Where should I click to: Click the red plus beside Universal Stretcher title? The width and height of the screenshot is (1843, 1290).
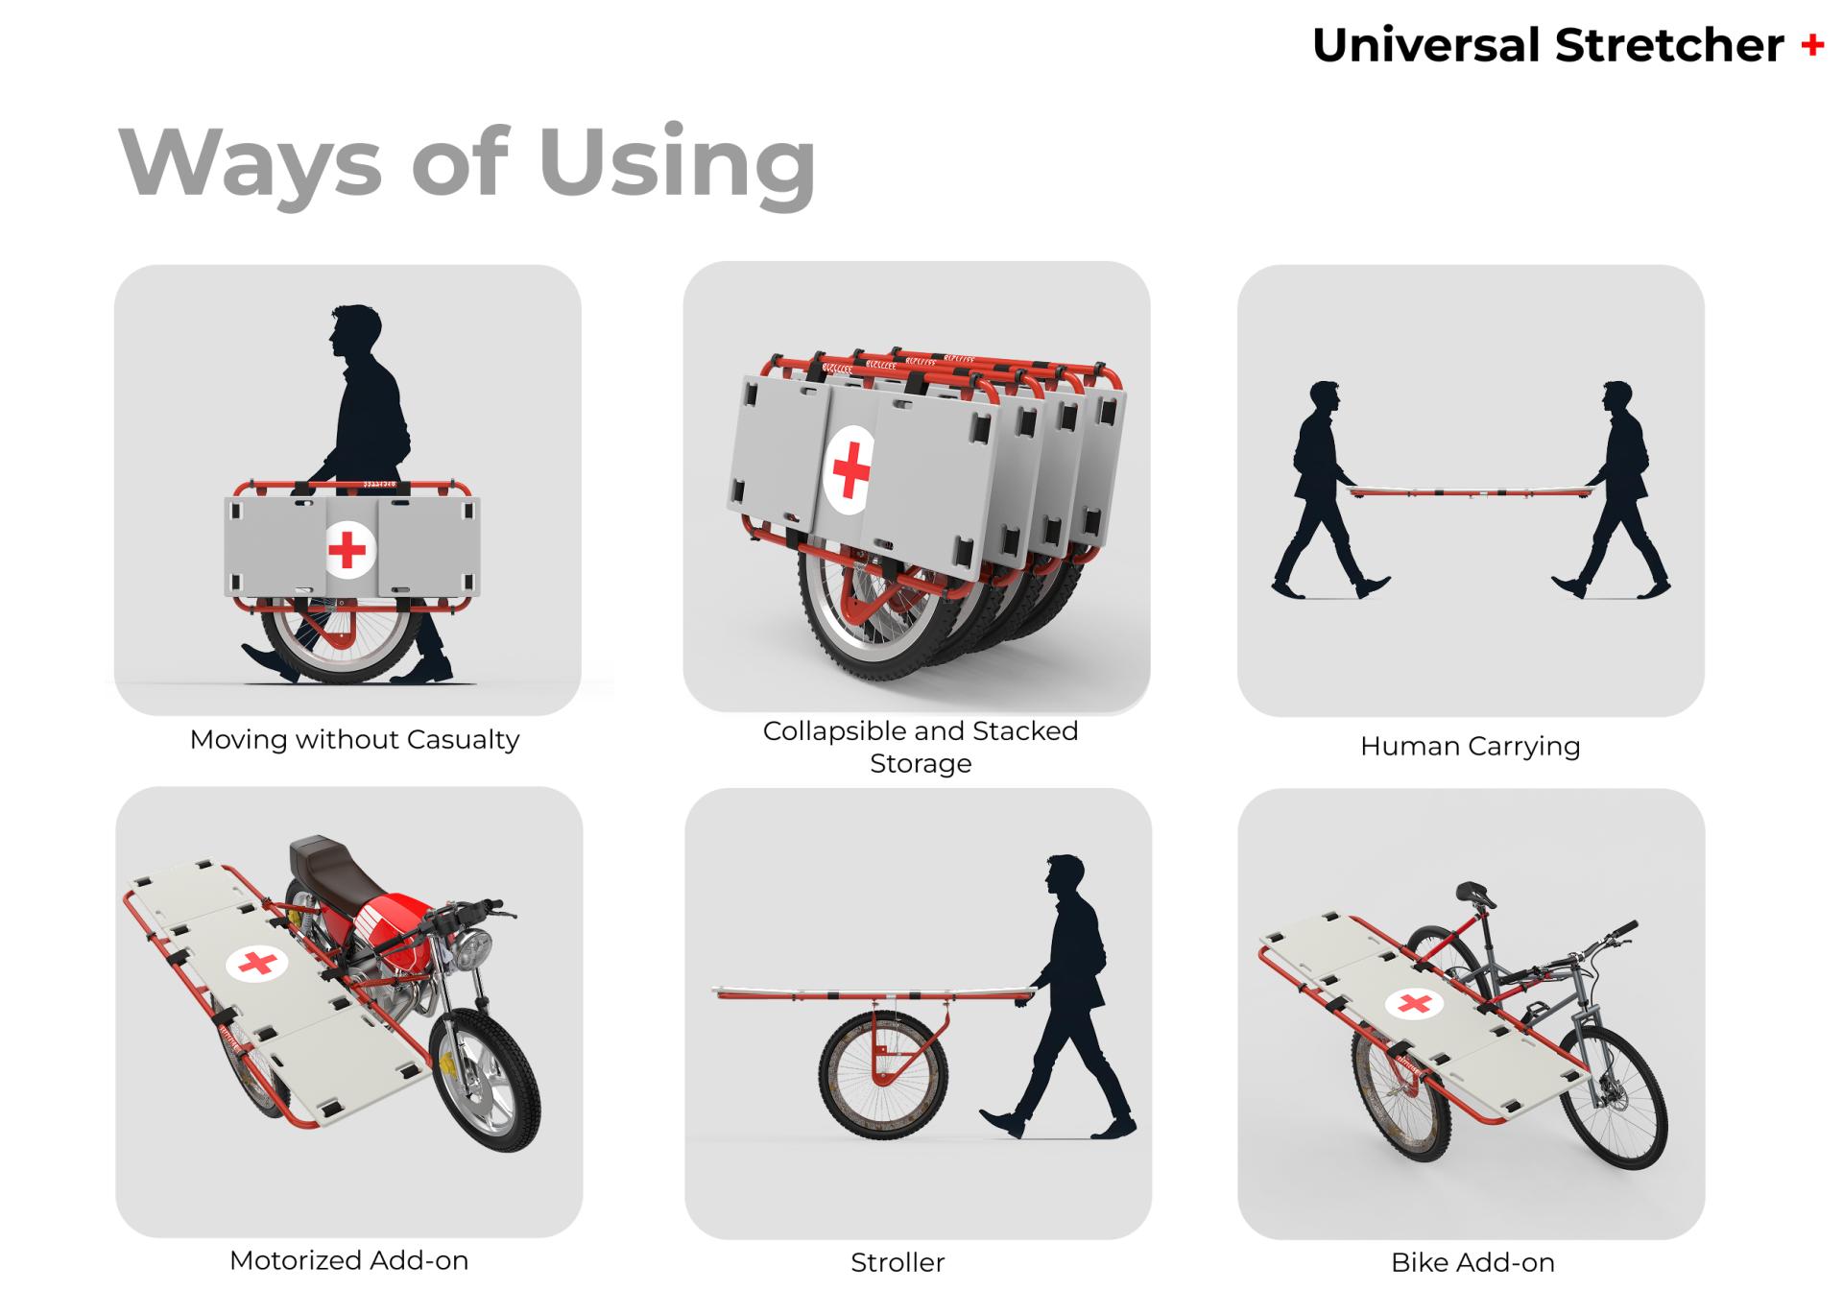click(1812, 45)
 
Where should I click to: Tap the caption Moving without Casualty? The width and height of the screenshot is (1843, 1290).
click(354, 740)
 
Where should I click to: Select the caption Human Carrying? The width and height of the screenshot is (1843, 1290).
click(1470, 746)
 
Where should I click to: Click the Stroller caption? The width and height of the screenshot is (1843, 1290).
click(898, 1261)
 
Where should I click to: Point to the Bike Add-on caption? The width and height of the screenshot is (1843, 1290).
click(1472, 1261)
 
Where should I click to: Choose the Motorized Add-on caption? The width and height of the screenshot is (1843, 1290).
click(348, 1259)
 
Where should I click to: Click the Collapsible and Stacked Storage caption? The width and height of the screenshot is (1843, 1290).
click(920, 747)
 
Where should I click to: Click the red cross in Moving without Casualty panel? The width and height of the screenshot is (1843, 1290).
click(347, 550)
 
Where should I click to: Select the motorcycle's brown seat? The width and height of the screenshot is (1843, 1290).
click(332, 865)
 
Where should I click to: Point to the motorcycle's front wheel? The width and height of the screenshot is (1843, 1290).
click(485, 1080)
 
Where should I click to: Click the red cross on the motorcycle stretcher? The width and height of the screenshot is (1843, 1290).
click(256, 963)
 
